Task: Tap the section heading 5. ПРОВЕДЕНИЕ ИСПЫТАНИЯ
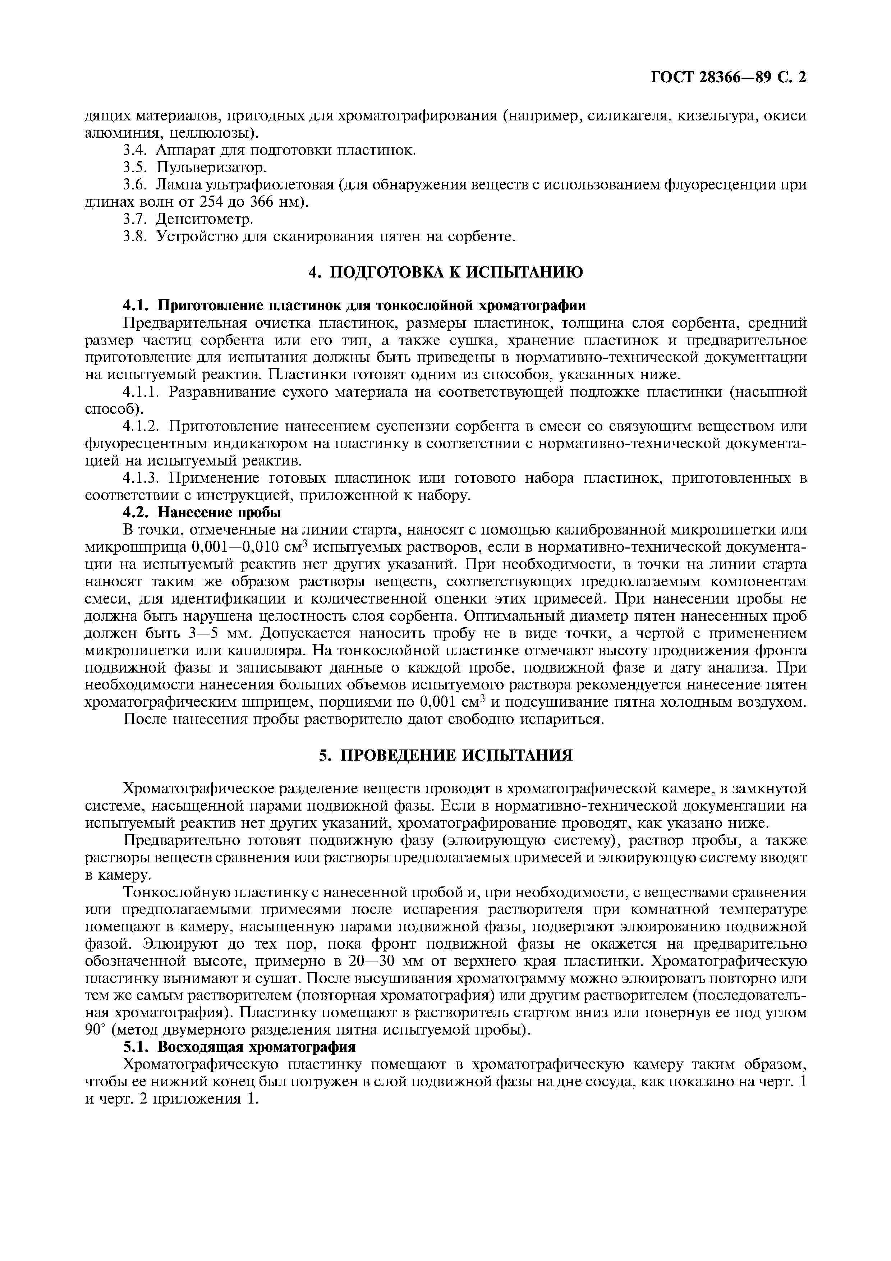pos(445,755)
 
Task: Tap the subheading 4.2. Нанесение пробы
pos(202,513)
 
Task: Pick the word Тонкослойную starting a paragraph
pos(171,892)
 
